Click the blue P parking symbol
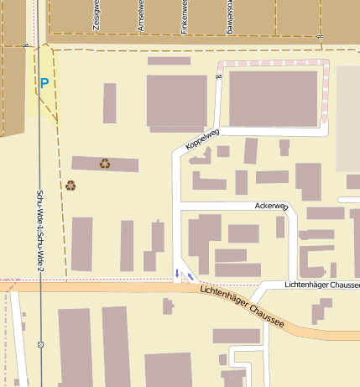tap(44, 83)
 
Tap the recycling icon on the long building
tap(105, 164)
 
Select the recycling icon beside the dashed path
tap(70, 186)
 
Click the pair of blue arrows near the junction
tap(184, 274)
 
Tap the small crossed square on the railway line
tap(40, 344)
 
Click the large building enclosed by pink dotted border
tap(273, 98)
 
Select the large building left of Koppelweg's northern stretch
tap(176, 101)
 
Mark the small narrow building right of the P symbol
tap(110, 103)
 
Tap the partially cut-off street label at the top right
tap(228, 17)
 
